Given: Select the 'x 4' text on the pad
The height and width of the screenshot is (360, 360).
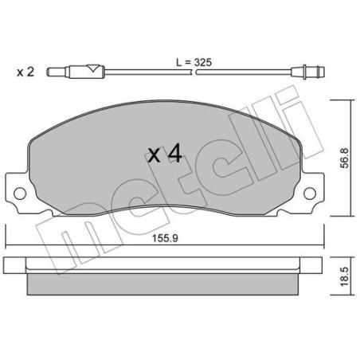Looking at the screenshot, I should (x=165, y=154).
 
